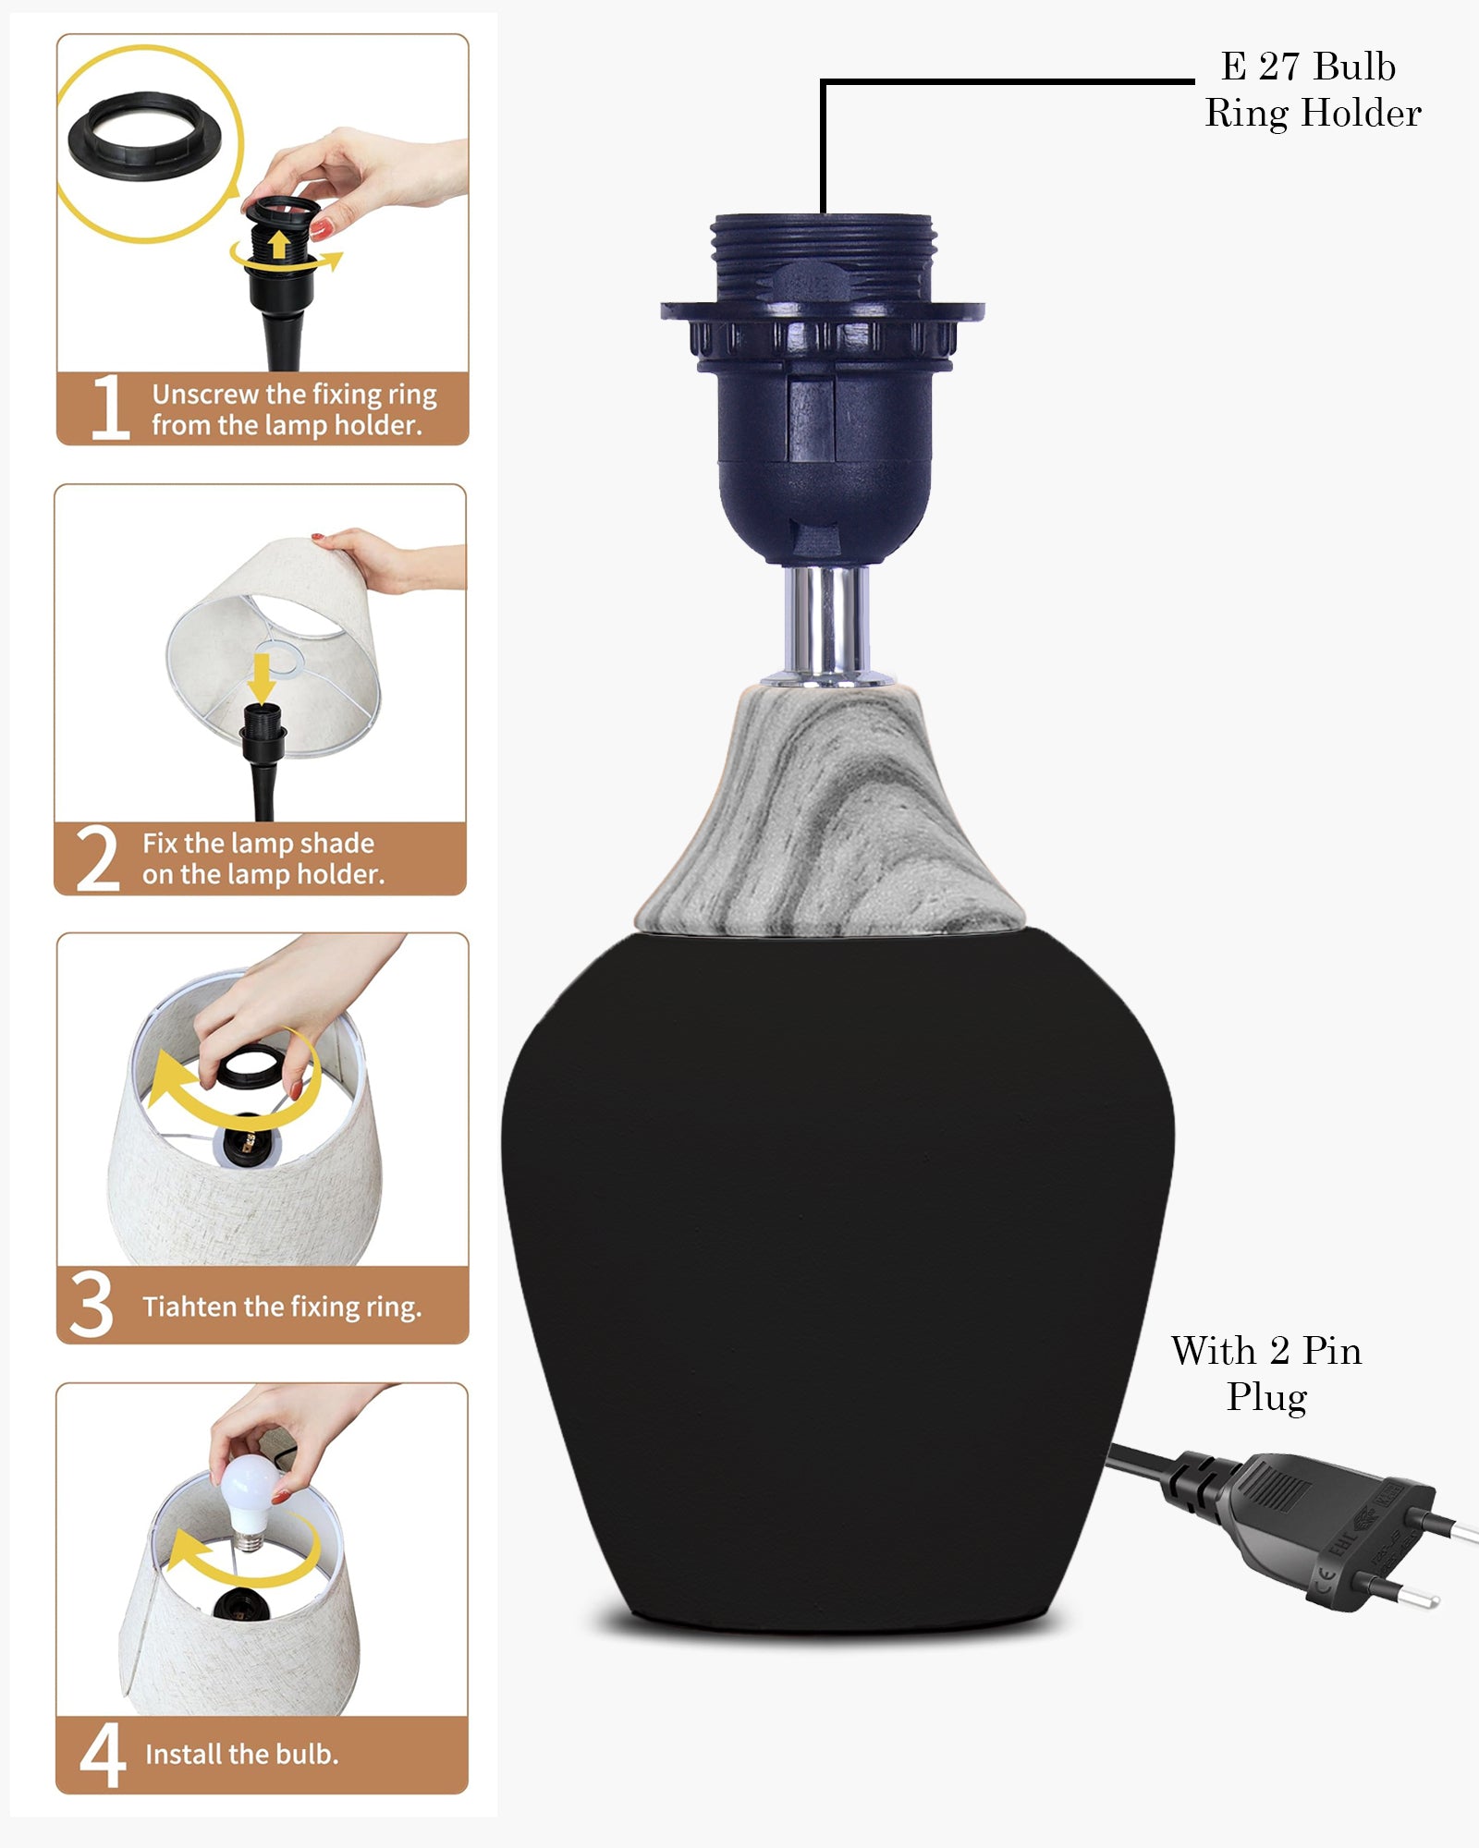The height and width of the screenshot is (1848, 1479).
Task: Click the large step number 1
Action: tap(111, 407)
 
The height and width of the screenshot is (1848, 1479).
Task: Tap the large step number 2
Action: tap(98, 858)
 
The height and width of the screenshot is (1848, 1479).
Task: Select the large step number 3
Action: tap(92, 1305)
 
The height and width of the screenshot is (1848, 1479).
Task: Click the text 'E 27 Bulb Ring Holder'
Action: tap(1313, 90)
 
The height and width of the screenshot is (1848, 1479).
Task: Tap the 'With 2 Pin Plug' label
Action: tap(1266, 1374)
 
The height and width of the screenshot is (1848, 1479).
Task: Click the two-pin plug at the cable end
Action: tap(1331, 1525)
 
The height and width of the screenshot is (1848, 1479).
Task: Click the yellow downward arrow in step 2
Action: tap(262, 677)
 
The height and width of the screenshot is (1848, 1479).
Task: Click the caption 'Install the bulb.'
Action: tap(242, 1754)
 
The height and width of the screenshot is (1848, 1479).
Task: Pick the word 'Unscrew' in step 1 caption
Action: tap(205, 395)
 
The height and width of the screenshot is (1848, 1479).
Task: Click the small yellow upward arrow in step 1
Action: tap(278, 245)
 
